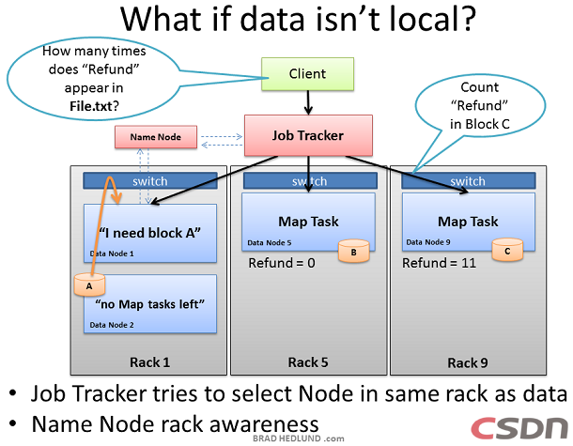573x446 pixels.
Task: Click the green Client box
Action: point(307,74)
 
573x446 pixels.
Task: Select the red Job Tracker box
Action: point(308,135)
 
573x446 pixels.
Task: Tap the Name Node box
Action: point(156,138)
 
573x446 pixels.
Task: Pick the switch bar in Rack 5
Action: point(309,180)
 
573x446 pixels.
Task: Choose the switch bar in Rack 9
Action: point(468,180)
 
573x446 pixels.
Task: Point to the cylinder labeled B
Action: point(353,252)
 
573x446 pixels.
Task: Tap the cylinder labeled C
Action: point(507,252)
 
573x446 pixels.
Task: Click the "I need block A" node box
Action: point(149,232)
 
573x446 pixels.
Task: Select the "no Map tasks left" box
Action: point(149,303)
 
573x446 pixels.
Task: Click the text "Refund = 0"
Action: point(282,264)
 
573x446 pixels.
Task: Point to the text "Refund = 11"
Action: point(440,264)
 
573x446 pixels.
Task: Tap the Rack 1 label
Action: point(150,362)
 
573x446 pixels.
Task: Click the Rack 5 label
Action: point(309,362)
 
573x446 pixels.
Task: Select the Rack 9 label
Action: point(468,362)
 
